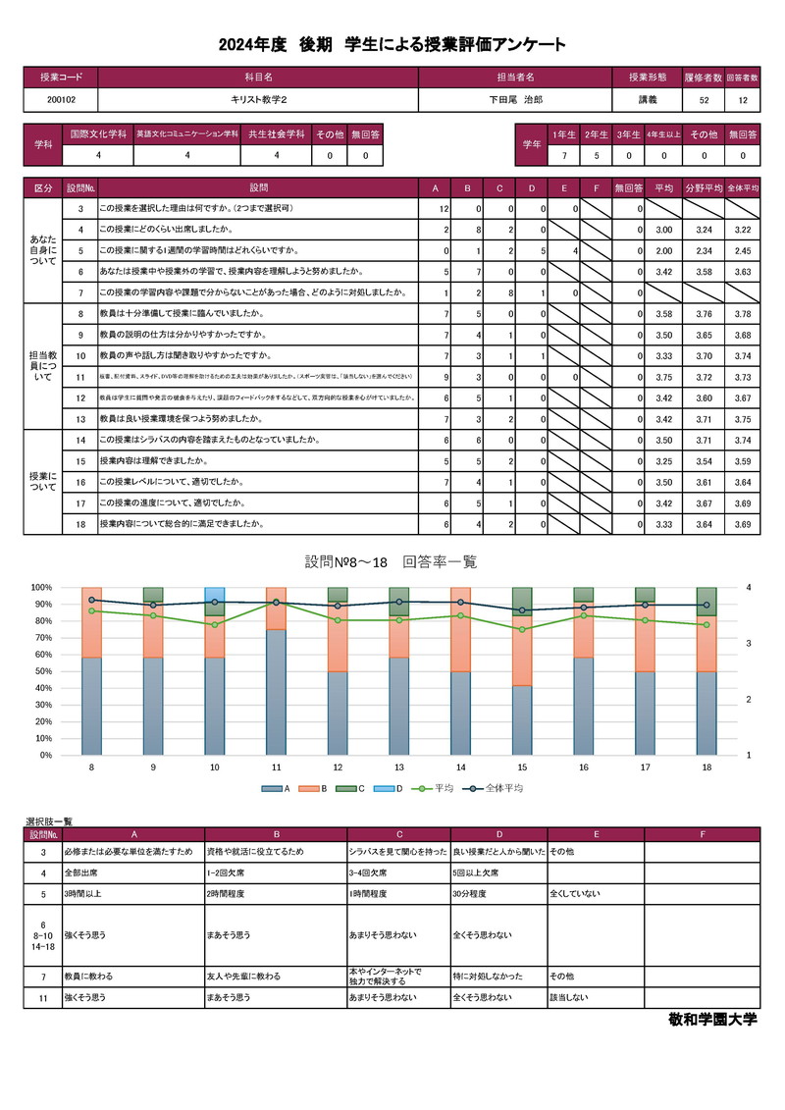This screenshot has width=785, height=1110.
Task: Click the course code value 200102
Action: click(61, 99)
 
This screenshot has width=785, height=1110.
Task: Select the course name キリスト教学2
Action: click(258, 99)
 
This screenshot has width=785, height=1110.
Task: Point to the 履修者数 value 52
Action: click(704, 99)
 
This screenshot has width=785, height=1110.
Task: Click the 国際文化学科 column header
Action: click(99, 133)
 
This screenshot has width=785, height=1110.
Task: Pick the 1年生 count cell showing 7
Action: click(563, 155)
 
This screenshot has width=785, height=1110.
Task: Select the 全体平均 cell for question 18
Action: click(743, 525)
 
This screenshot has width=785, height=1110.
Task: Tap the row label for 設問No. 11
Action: click(79, 376)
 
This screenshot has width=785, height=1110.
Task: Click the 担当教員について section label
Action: click(43, 365)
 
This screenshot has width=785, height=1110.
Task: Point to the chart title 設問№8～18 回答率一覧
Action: click(391, 562)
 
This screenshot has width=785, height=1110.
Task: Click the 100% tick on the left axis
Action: click(41, 587)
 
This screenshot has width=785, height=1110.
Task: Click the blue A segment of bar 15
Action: click(522, 720)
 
